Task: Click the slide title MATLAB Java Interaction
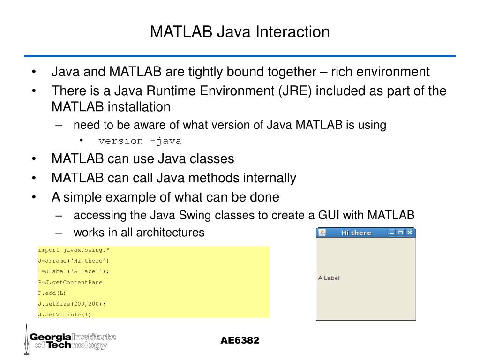[x=240, y=32]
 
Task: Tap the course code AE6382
[x=240, y=340]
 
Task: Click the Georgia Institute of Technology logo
[x=70, y=340]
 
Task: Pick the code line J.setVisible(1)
[x=65, y=315]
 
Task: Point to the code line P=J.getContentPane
[x=70, y=282]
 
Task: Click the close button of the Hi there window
[x=410, y=232]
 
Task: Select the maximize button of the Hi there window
[x=401, y=232]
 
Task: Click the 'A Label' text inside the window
[x=329, y=278]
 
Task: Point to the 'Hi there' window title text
[x=356, y=232]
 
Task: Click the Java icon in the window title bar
[x=322, y=232]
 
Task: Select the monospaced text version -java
[x=140, y=141]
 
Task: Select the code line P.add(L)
[x=52, y=293]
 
